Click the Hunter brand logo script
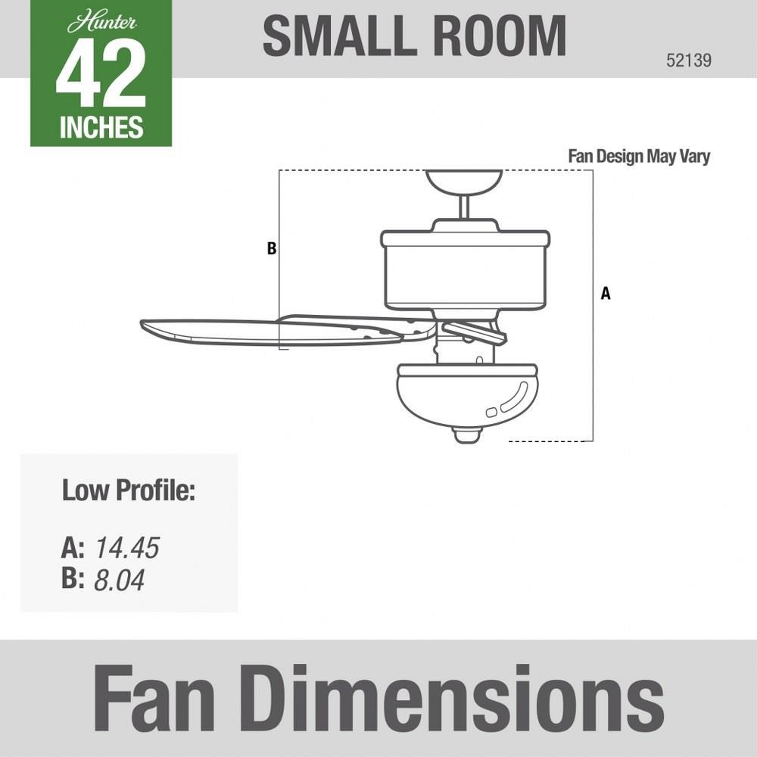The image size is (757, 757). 102,23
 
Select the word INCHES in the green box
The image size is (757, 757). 101,127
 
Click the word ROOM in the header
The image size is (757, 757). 499,36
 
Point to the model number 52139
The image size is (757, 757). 689,61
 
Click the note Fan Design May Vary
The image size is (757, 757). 639,157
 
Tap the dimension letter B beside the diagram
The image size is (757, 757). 272,248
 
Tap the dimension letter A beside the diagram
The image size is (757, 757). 606,293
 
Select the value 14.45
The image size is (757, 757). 127,548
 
